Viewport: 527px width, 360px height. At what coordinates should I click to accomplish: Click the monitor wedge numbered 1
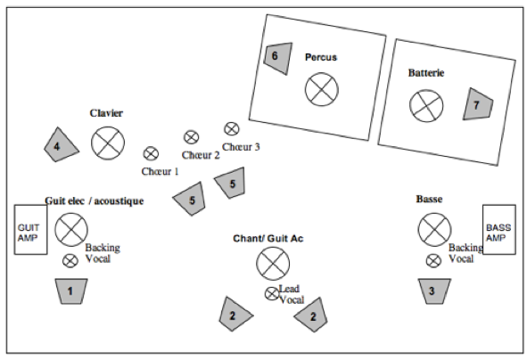71,291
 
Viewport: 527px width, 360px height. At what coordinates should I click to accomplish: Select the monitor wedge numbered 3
434,291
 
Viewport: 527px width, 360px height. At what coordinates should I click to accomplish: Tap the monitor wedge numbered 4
61,145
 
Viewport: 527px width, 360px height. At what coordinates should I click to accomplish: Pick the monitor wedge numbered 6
277,58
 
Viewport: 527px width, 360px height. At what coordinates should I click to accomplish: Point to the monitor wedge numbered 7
477,104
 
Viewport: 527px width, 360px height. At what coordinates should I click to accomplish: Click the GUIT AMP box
30,230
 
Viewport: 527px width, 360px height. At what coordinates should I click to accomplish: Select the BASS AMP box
499,230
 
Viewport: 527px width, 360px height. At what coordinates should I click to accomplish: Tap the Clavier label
106,113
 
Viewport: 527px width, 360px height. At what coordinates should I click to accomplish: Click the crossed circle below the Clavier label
108,143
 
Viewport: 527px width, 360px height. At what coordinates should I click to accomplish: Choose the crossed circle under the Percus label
322,89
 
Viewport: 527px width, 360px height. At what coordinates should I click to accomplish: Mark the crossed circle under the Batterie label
426,106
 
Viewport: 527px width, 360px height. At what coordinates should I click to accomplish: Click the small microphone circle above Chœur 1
151,154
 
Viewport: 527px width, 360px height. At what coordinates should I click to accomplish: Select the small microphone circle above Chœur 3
232,128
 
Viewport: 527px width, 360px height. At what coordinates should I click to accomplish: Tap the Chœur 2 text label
201,155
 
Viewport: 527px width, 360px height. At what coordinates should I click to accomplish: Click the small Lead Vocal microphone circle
272,294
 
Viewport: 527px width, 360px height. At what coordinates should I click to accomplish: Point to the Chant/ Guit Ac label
268,239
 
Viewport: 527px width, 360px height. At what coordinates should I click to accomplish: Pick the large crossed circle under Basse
434,230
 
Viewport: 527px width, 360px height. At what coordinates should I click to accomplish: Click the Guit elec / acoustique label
95,200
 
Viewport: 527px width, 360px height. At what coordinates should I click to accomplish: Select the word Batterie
426,73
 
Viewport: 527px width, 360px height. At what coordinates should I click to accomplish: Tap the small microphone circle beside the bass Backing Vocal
433,261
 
